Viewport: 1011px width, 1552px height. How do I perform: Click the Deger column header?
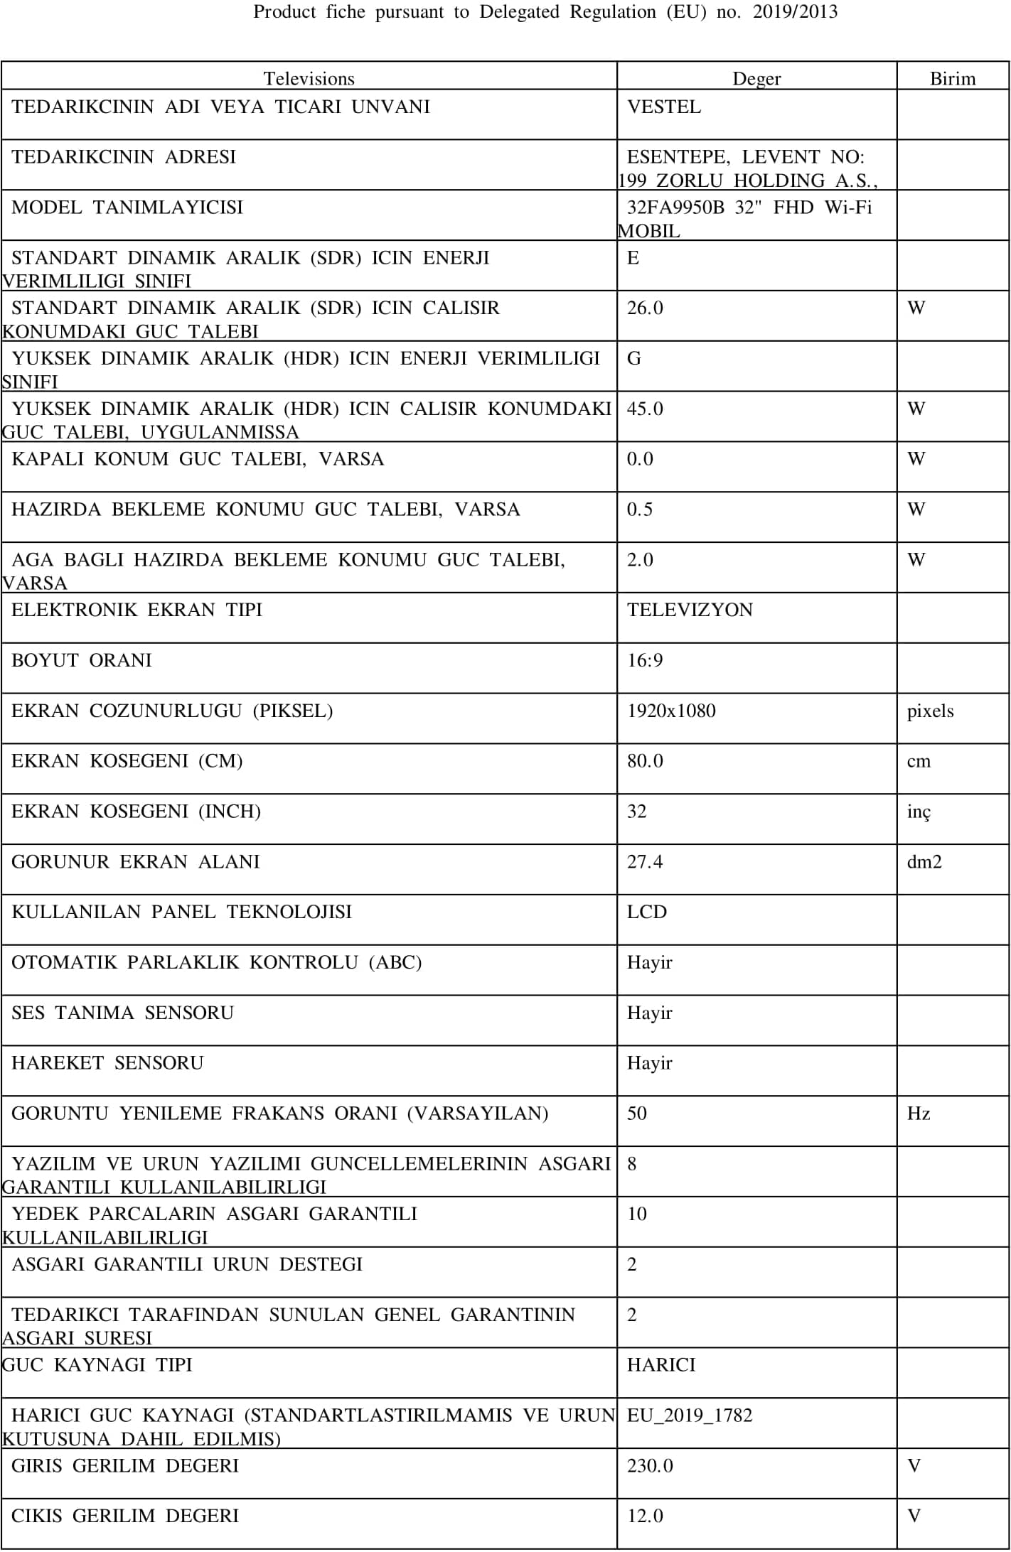click(756, 78)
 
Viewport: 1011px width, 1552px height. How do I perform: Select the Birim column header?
click(953, 78)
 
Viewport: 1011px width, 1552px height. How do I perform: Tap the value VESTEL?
click(664, 107)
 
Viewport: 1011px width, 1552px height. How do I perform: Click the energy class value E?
click(633, 258)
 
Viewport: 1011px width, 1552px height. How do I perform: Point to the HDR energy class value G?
click(633, 359)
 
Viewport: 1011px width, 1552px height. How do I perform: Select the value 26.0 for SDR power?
click(645, 308)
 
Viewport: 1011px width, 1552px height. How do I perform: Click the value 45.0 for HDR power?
click(645, 409)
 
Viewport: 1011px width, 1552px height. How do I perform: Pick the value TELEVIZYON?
click(690, 610)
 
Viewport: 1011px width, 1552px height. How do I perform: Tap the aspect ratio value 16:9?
click(645, 661)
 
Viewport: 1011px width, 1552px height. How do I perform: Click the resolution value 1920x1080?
click(671, 711)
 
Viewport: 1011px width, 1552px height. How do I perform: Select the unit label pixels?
click(930, 711)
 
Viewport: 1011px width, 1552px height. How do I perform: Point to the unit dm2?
click(924, 862)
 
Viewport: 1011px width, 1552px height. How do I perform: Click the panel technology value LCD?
click(647, 912)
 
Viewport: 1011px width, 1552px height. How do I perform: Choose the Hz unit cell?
click(919, 1114)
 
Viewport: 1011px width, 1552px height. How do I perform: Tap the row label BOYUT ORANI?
click(82, 661)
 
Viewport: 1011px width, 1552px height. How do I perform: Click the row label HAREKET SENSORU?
click(107, 1063)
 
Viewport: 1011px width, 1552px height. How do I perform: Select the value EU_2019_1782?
click(690, 1416)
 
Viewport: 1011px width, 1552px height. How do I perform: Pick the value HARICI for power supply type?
click(661, 1365)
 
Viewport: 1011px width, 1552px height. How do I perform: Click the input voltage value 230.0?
click(650, 1466)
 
